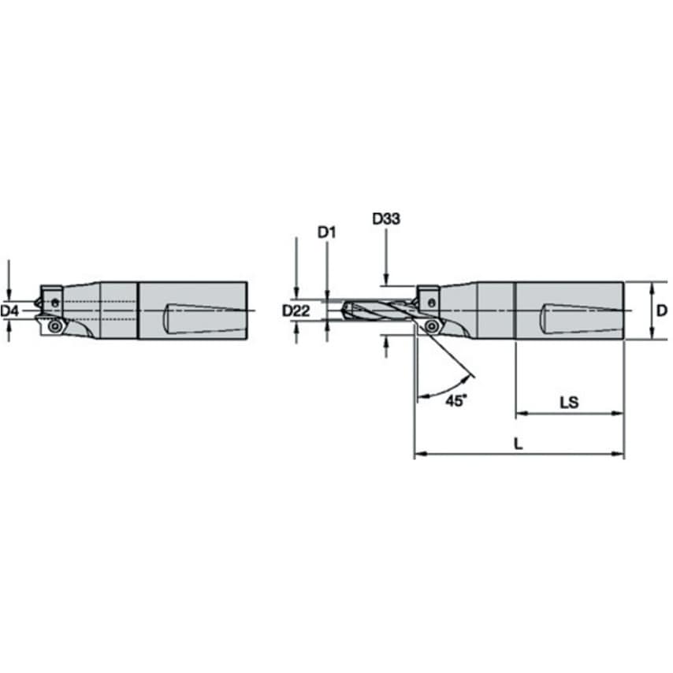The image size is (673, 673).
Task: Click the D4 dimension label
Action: (9, 311)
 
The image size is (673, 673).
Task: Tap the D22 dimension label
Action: (296, 311)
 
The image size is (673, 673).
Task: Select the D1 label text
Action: (326, 232)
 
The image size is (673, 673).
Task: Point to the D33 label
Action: (386, 219)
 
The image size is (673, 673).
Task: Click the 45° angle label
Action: (455, 400)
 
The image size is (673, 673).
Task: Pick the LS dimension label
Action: (568, 402)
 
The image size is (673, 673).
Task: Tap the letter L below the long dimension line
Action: (517, 444)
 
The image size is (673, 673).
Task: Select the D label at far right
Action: (661, 310)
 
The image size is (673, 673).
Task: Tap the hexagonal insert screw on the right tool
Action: (432, 326)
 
